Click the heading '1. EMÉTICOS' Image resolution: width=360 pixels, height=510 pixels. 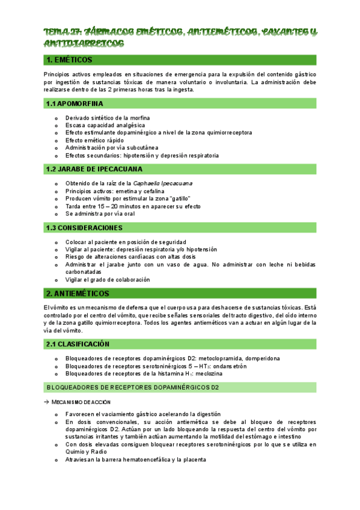click(x=69, y=60)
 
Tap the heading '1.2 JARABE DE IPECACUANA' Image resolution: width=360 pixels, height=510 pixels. click(x=91, y=170)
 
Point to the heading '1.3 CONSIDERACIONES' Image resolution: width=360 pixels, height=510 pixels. click(x=84, y=228)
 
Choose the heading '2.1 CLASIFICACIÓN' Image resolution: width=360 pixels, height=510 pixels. click(x=79, y=344)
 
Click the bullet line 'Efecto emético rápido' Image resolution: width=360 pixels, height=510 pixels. click(x=95, y=140)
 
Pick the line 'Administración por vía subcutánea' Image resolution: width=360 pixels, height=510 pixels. click(x=112, y=148)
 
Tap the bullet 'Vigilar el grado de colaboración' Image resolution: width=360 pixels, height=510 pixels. click(x=108, y=279)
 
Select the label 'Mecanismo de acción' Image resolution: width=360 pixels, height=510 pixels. click(x=81, y=402)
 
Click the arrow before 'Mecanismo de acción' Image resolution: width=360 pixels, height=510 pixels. click(x=47, y=402)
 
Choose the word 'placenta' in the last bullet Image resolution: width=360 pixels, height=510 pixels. click(x=193, y=459)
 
